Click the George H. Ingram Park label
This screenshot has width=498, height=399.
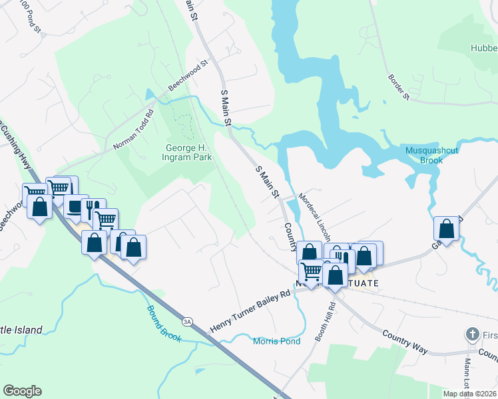pos(188,152)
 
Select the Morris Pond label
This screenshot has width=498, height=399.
pos(276,341)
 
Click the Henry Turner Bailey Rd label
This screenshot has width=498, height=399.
pos(250,311)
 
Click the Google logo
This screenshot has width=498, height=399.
pos(22,391)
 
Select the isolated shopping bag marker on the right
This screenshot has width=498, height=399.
pos(446,229)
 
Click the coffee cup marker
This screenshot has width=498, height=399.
pos(75,206)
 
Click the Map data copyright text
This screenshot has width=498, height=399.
pos(470,394)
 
